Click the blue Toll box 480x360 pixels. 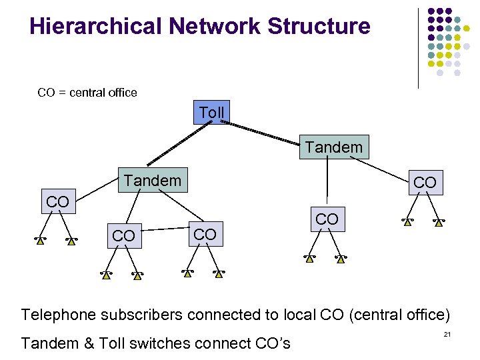212,113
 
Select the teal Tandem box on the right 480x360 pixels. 333,147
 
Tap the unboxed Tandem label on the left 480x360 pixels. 152,181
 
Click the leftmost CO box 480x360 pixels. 57,201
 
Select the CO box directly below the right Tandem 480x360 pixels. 327,219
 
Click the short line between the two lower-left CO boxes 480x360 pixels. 165,231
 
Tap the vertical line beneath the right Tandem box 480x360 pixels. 327,181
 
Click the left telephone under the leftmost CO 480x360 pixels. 41,240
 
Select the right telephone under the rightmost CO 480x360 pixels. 439,222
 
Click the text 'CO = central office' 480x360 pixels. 87,93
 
